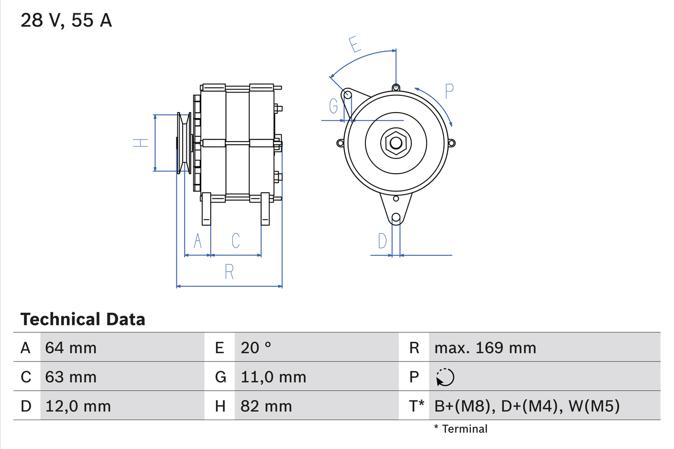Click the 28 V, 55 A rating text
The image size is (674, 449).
click(x=66, y=21)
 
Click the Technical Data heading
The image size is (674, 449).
click(x=82, y=319)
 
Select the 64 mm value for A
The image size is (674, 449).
click(x=71, y=347)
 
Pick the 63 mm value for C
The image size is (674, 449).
click(x=71, y=377)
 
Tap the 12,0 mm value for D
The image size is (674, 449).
click(x=77, y=406)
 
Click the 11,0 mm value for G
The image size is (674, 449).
click(x=273, y=377)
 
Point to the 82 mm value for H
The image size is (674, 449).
click(x=266, y=406)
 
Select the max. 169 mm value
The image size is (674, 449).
click(x=485, y=347)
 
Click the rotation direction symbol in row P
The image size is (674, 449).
click(x=445, y=377)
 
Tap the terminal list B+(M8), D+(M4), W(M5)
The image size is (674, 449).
click(x=527, y=406)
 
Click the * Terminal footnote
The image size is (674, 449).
click(x=461, y=429)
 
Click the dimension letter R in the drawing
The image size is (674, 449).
click(x=229, y=272)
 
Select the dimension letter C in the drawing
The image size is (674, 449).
click(x=235, y=241)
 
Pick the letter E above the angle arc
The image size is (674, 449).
click(x=355, y=45)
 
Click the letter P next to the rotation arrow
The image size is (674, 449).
click(x=448, y=92)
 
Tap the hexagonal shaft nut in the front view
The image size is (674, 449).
click(x=395, y=143)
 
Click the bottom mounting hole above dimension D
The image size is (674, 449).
click(x=396, y=217)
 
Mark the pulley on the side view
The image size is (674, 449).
click(x=184, y=143)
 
